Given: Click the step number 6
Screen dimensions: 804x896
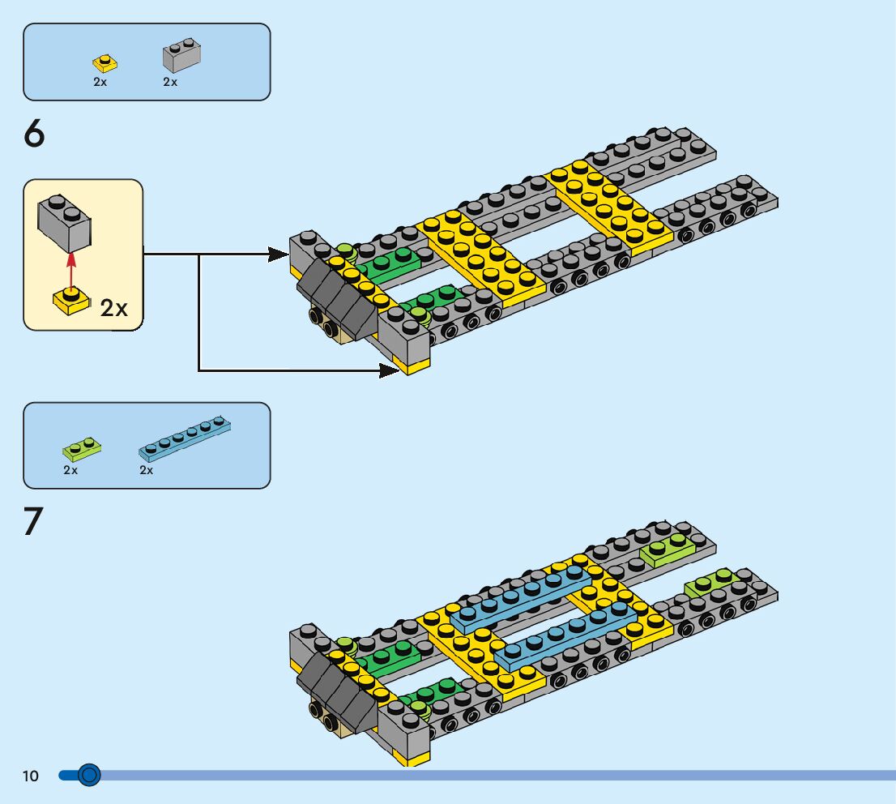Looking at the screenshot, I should [35, 135].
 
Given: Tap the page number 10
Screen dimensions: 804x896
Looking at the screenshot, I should [31, 776].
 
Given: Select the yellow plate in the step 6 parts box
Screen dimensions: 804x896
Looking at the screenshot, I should [104, 62].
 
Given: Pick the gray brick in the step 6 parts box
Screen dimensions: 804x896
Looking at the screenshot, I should [181, 56].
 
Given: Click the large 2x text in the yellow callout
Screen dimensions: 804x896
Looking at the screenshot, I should [114, 308].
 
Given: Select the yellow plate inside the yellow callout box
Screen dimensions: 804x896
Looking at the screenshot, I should [71, 301].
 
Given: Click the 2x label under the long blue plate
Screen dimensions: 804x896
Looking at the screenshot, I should [147, 470].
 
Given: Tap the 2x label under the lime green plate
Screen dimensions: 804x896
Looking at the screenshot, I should [70, 470].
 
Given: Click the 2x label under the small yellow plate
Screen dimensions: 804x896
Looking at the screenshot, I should [100, 82].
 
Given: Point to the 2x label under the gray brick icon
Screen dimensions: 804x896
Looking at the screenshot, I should [170, 82].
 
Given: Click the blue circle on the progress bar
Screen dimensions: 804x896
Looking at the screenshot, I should [89, 776].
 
